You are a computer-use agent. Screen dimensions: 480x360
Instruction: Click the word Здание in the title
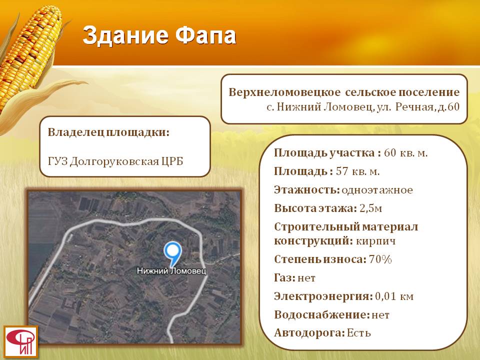(125, 36)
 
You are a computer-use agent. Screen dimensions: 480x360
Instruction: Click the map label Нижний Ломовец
(171, 271)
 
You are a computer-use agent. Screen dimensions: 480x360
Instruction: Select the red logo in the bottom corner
(21, 341)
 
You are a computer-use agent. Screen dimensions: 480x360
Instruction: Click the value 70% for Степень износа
(380, 259)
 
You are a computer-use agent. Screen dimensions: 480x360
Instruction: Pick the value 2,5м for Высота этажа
(370, 208)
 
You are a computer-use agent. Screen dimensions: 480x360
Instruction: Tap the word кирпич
(375, 241)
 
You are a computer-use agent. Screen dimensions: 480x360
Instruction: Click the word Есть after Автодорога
(359, 333)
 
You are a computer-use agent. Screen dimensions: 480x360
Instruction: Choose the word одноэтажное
(377, 190)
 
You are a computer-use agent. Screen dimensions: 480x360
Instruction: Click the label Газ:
(284, 278)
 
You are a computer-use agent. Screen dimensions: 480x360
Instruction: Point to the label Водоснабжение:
(322, 315)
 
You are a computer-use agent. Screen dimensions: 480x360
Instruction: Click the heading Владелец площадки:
(108, 132)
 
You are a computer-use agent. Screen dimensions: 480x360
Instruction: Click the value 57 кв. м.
(358, 171)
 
